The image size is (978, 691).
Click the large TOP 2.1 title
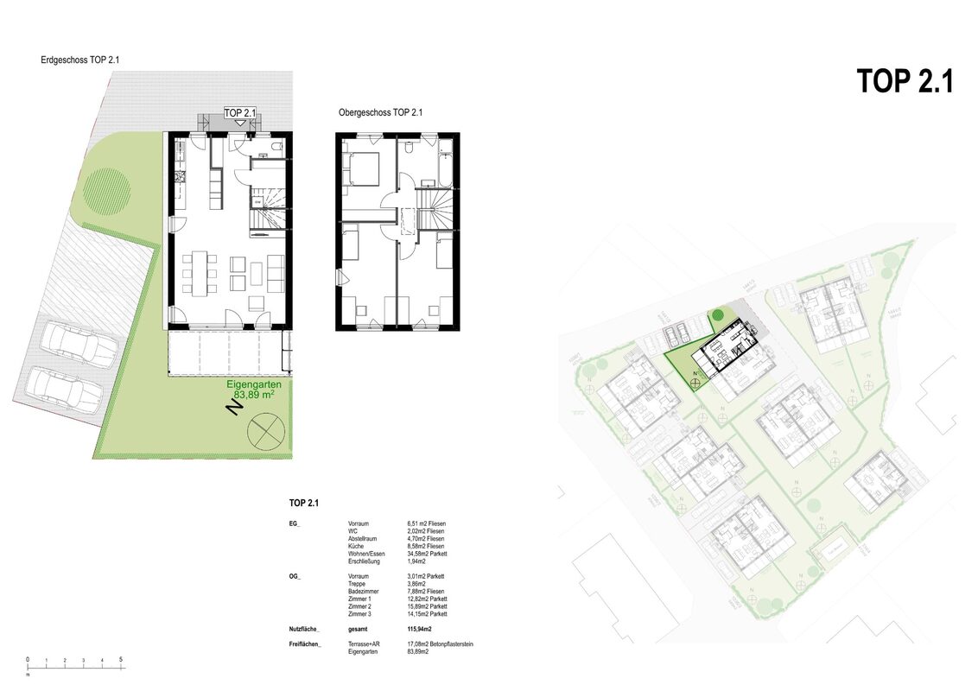pyautogui.click(x=905, y=81)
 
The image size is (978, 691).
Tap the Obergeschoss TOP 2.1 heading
pyautogui.click(x=380, y=112)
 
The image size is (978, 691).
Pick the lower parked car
pyautogui.click(x=65, y=390)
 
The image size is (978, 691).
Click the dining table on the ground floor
pyautogui.click(x=200, y=270)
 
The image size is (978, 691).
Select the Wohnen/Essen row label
pyautogui.click(x=366, y=554)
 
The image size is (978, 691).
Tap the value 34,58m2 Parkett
pyautogui.click(x=427, y=554)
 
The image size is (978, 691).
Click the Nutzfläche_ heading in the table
pyautogui.click(x=305, y=629)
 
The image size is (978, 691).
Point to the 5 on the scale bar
pyautogui.click(x=121, y=660)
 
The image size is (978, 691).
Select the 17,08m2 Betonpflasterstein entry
pyautogui.click(x=440, y=644)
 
